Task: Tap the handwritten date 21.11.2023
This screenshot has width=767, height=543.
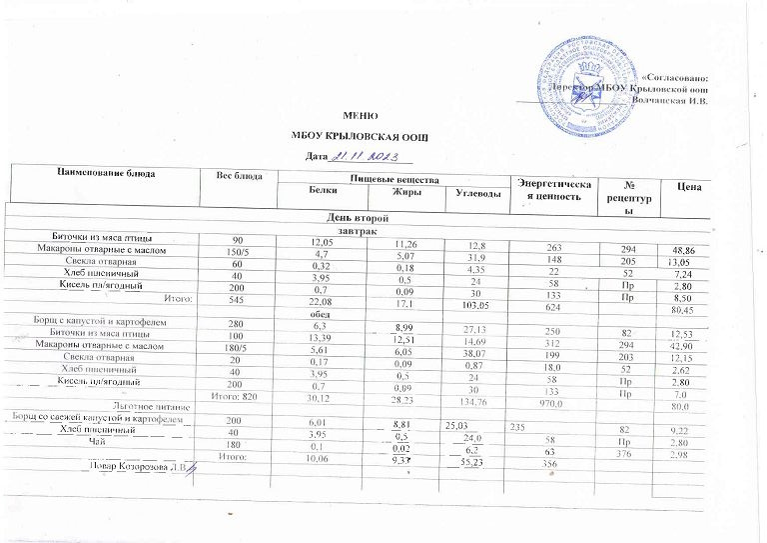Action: (x=366, y=156)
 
